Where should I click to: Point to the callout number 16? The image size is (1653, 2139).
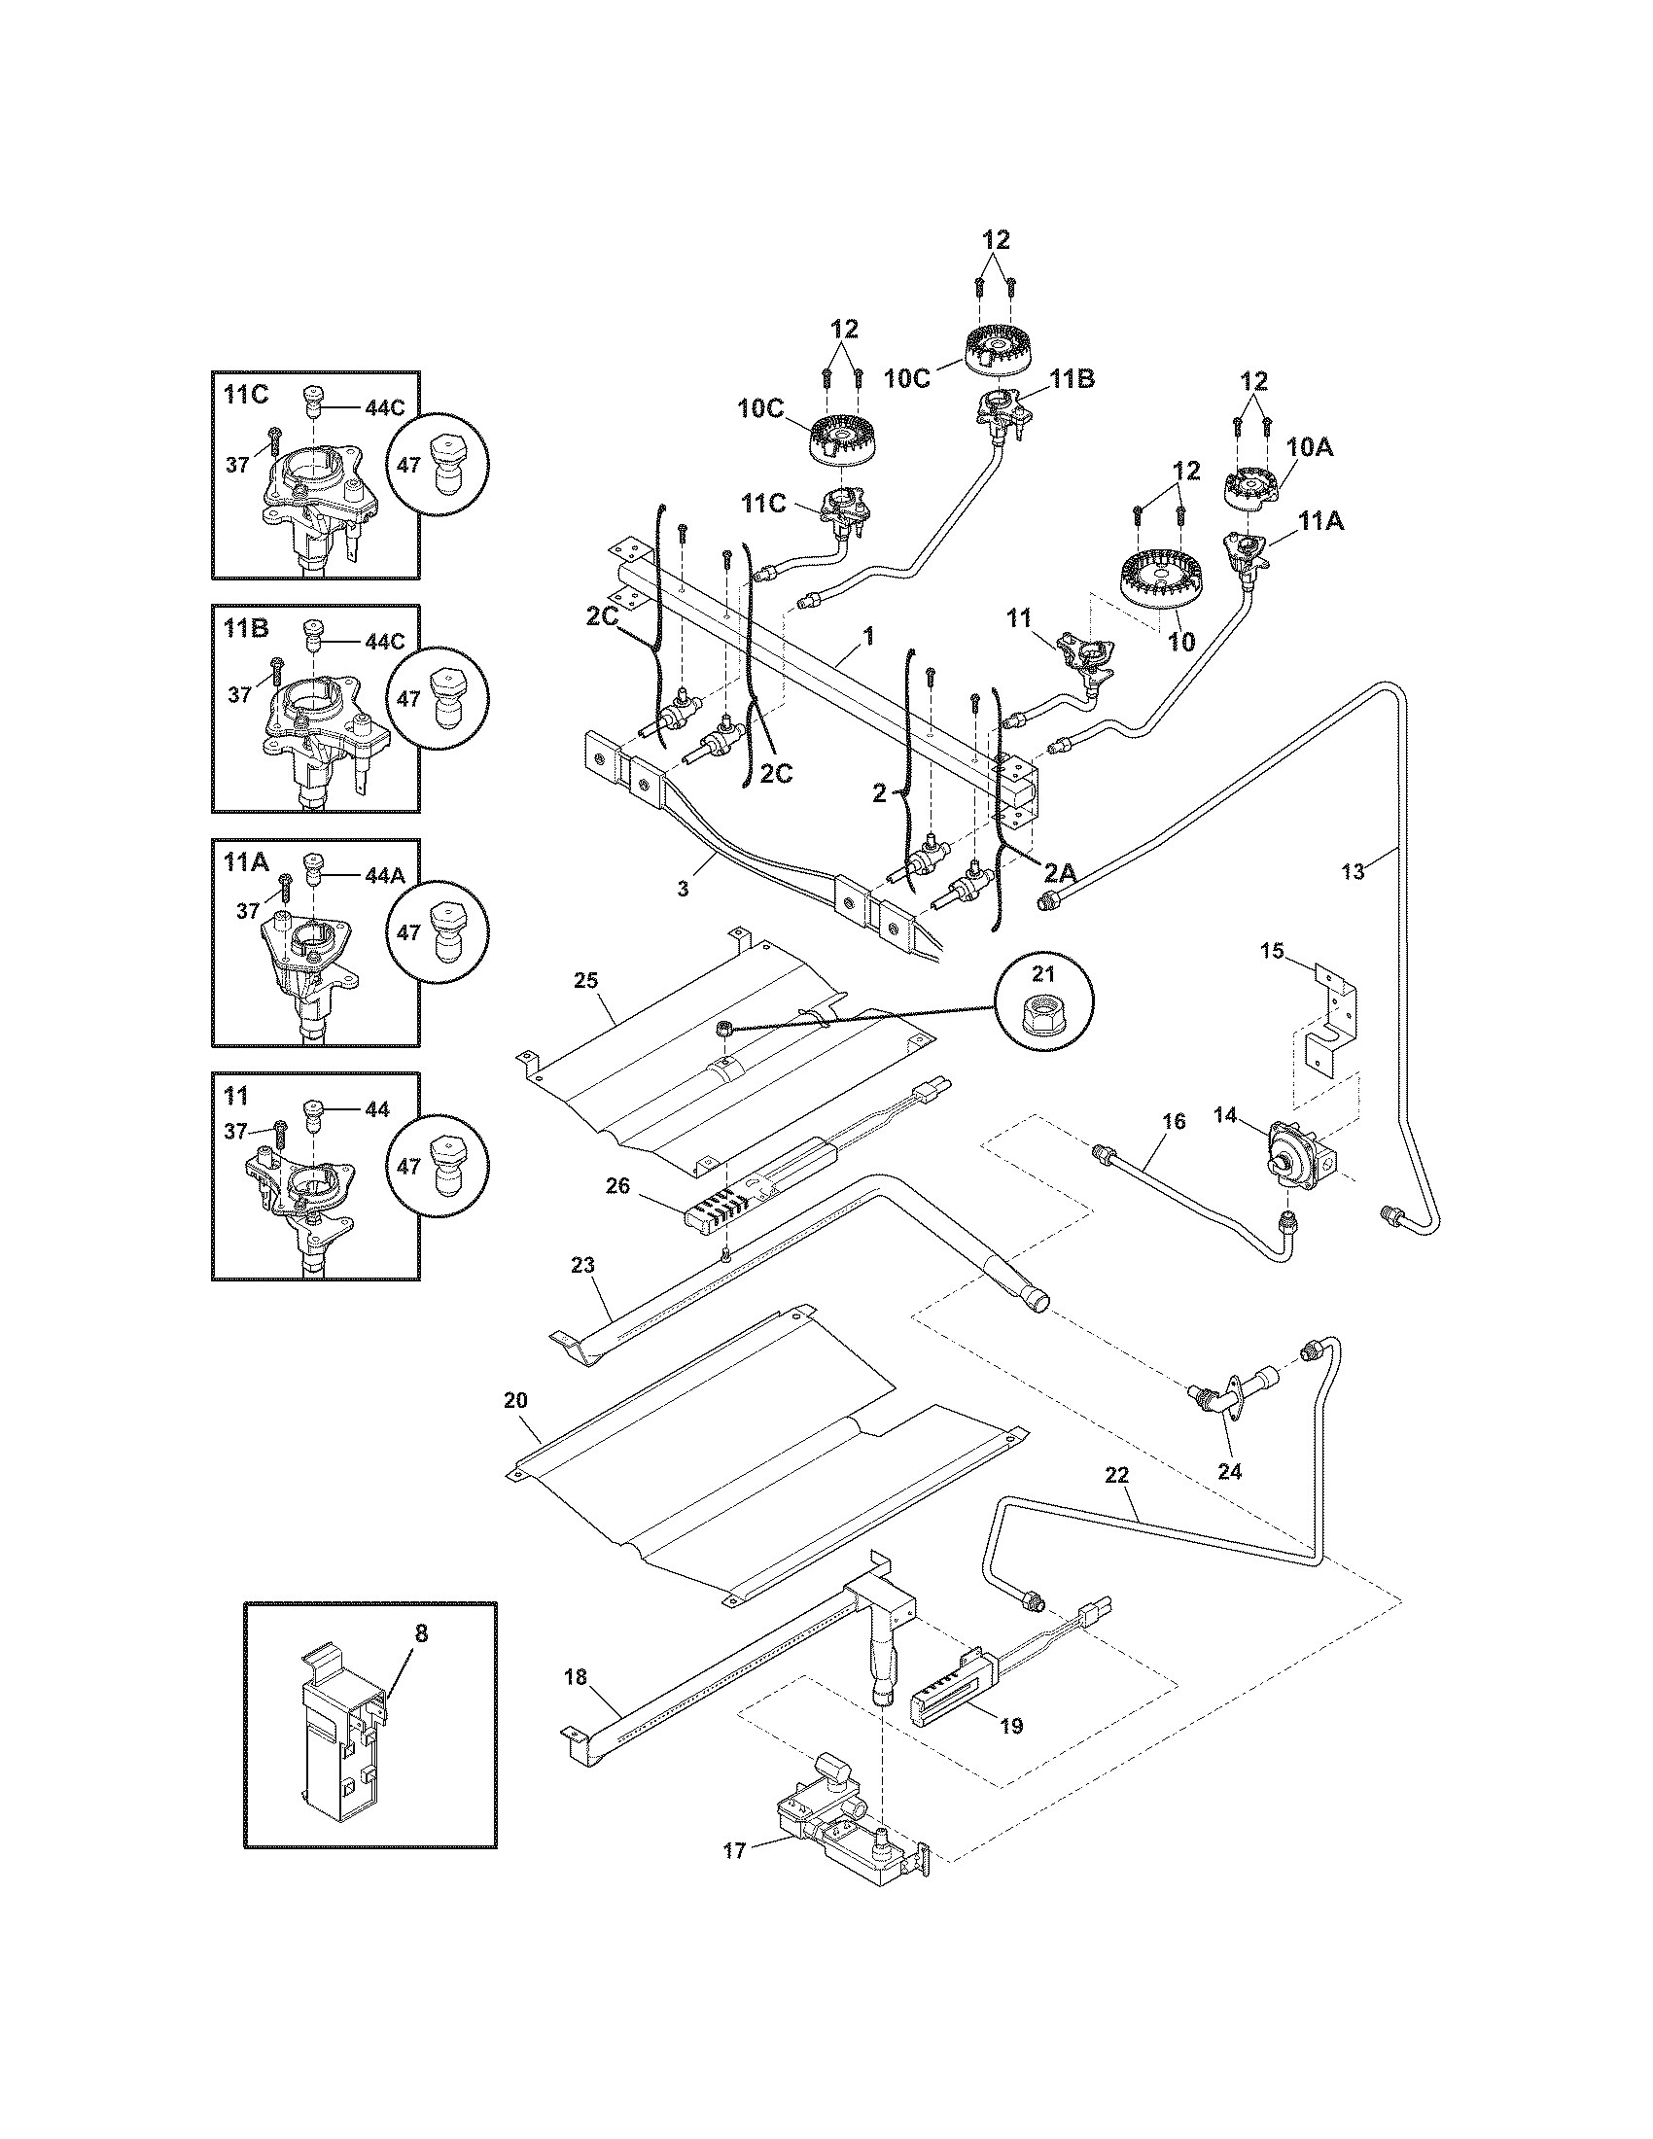1175,1120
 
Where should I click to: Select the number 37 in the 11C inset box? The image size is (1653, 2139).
238,465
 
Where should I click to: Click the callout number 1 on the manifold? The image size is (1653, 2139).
867,636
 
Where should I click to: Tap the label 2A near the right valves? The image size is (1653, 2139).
1059,870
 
